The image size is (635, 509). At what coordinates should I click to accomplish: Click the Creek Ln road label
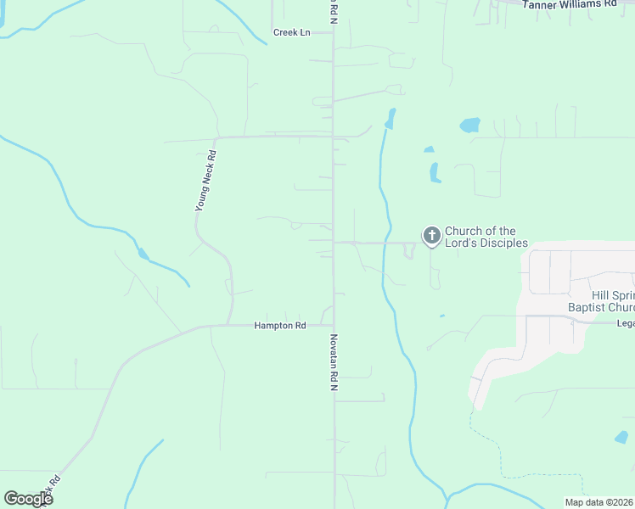coord(292,32)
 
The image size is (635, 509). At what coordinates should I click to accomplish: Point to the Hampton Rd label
coord(279,326)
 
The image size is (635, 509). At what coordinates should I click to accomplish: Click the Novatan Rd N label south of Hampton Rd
coord(334,361)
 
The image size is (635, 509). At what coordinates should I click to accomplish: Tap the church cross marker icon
coord(432,236)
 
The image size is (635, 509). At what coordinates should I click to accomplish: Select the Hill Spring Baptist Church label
coord(601,301)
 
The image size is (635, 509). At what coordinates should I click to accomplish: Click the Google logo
coord(28,499)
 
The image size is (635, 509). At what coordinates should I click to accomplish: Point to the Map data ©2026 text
coord(598,502)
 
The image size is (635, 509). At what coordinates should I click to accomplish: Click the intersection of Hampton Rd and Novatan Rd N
coord(333,324)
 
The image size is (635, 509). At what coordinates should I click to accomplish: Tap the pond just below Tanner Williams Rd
coord(469,126)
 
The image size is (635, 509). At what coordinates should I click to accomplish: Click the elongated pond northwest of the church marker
coord(435,172)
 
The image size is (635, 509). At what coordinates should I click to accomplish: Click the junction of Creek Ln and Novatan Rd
coord(333,32)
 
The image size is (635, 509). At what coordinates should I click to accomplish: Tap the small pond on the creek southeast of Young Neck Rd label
coord(143,254)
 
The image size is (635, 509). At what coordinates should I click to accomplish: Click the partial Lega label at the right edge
coord(625,322)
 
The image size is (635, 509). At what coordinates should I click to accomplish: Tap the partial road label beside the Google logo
coord(54,489)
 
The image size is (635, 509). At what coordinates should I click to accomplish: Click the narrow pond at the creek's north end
coord(391,118)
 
